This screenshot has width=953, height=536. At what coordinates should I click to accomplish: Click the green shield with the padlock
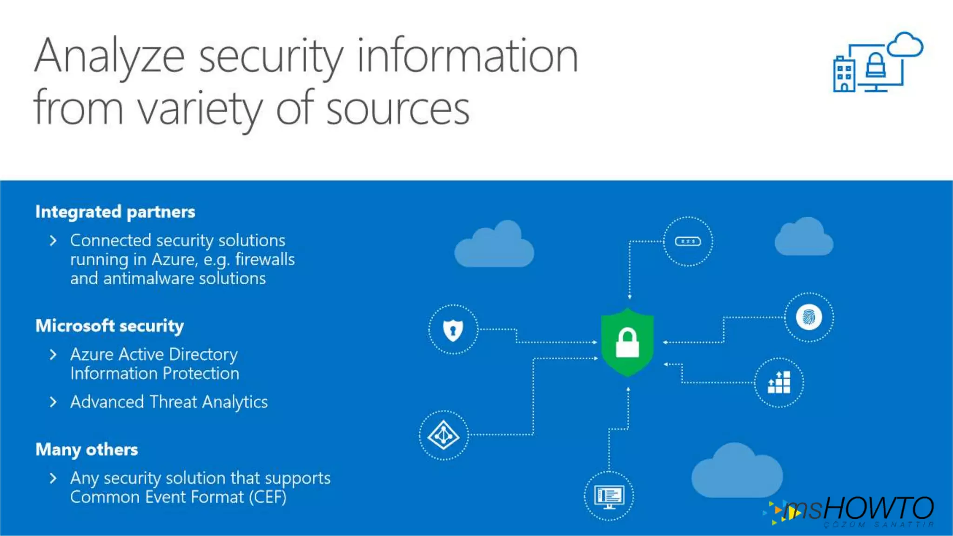coord(627,342)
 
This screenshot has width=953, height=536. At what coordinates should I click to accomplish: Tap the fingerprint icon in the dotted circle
coord(809,317)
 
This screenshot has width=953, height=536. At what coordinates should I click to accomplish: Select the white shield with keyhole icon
coord(453,330)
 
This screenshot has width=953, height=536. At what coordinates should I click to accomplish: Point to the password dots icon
coord(688,241)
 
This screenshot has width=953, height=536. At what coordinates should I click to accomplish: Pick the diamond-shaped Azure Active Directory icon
coord(443,435)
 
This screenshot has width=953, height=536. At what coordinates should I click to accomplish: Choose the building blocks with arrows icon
coord(779,382)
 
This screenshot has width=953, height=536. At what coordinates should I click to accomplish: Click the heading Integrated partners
coord(115,212)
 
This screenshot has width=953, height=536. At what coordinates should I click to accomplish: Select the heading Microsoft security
coord(110,326)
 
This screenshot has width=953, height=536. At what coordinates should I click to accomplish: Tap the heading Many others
coord(87,449)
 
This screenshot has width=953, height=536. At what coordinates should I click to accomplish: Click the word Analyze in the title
coord(110,57)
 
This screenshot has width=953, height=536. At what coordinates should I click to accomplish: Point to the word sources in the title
coord(398,110)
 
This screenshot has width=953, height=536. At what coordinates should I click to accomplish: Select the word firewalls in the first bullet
coord(265,259)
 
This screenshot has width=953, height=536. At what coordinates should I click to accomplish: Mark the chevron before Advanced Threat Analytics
coord(53,402)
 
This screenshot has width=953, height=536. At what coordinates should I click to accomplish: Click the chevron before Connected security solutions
coord(53,241)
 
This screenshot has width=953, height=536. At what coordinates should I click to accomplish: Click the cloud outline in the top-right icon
coord(905,45)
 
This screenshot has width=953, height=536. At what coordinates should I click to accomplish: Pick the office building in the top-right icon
coord(844,74)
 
